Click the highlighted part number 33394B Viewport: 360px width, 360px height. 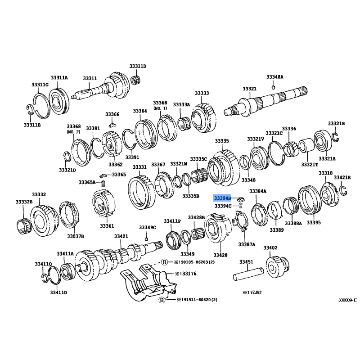pos(222,198)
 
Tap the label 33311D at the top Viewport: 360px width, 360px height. pos(138,66)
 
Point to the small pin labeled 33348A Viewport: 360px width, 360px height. pos(273,87)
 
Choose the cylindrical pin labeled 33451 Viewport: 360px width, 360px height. pos(248,274)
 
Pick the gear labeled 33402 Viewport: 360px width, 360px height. pos(277,267)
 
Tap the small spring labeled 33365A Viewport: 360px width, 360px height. pos(103,184)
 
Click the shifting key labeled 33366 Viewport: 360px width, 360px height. pos(112,125)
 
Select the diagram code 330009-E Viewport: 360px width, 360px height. pos(347,300)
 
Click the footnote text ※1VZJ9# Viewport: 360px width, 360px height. pos(252,292)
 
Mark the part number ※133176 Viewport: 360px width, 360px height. pos(186,274)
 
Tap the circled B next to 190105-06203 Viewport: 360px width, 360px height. pos(164,262)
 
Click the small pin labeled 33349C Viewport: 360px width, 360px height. pos(146,239)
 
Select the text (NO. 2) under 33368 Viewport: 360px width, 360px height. pos(73,132)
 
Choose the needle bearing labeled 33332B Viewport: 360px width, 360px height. pos(24,226)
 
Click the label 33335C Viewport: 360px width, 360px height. pos(198,159)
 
